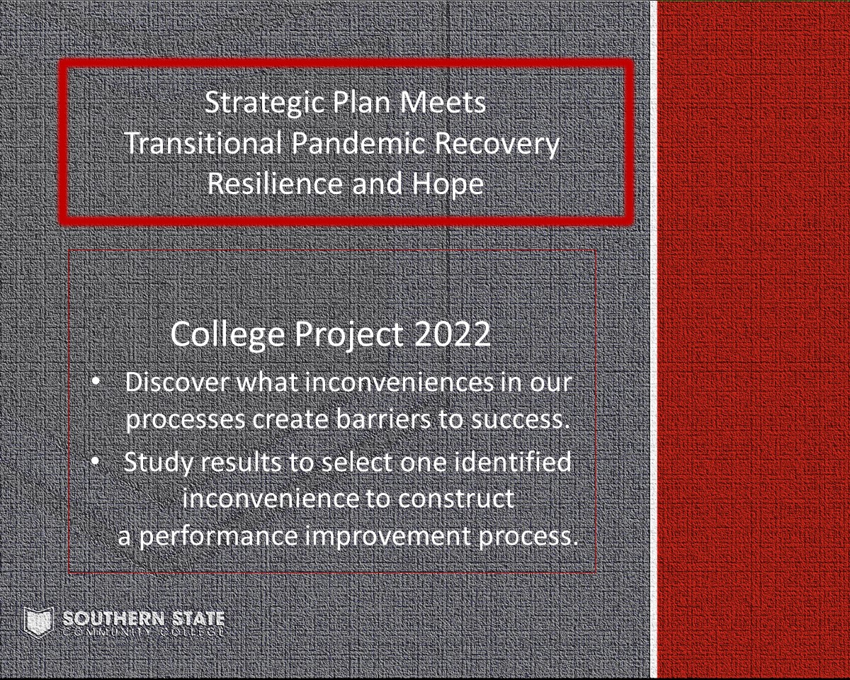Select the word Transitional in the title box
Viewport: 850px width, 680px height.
[203, 142]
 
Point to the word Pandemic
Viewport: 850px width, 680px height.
[358, 142]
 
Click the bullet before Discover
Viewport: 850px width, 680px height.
[96, 382]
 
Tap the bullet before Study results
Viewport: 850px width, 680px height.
[96, 460]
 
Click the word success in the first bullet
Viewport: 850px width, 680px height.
[521, 421]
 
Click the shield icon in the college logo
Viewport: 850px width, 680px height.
[38, 622]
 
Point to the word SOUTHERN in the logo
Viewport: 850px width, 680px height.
[113, 619]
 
